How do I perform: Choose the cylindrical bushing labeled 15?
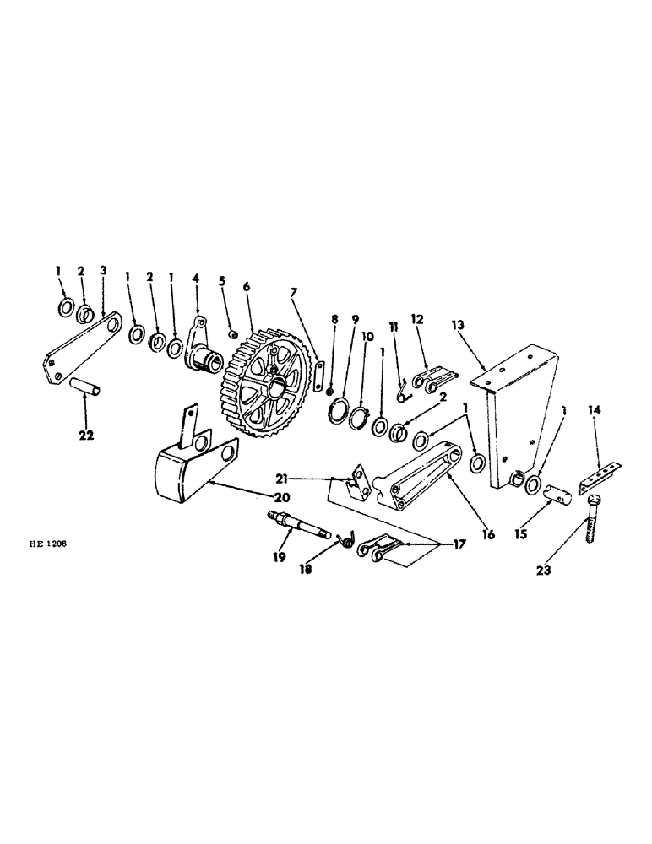(x=554, y=493)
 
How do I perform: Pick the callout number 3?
(x=103, y=272)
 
